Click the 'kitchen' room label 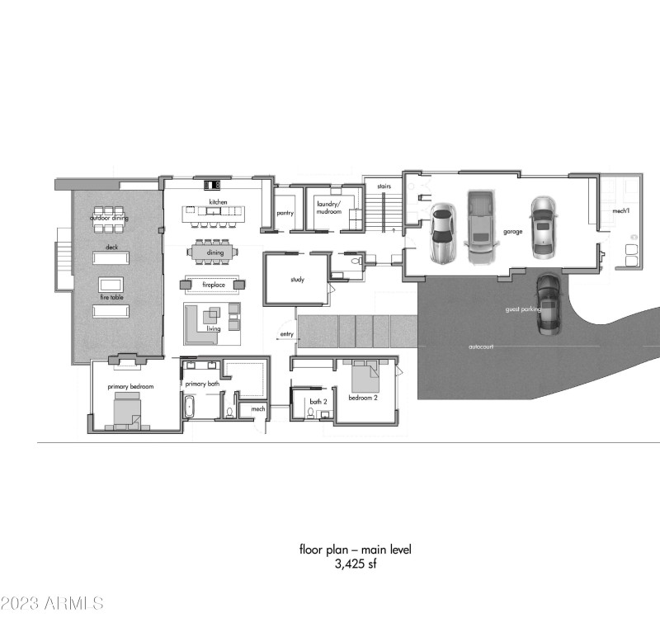point(218,202)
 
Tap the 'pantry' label point(285,213)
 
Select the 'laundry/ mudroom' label point(329,208)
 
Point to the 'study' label point(297,280)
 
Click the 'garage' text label point(513,232)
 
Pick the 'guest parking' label point(523,309)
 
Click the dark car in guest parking point(548,304)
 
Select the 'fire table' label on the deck point(110,274)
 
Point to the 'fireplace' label point(214,285)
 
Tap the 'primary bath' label point(201,384)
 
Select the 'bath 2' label point(318,402)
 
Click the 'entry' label point(286,334)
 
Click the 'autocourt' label point(480,347)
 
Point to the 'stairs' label point(383,186)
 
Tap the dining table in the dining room point(214,252)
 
